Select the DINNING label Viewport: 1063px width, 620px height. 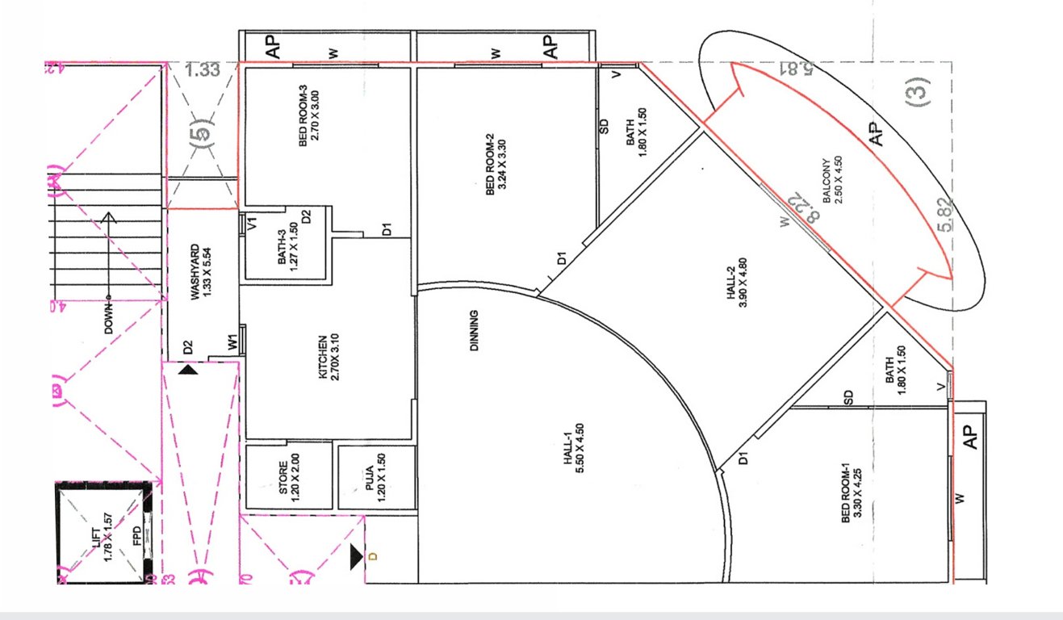click(474, 331)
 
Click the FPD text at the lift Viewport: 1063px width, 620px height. click(137, 534)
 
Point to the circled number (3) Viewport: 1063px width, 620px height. click(919, 90)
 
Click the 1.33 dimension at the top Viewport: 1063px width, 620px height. click(202, 69)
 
